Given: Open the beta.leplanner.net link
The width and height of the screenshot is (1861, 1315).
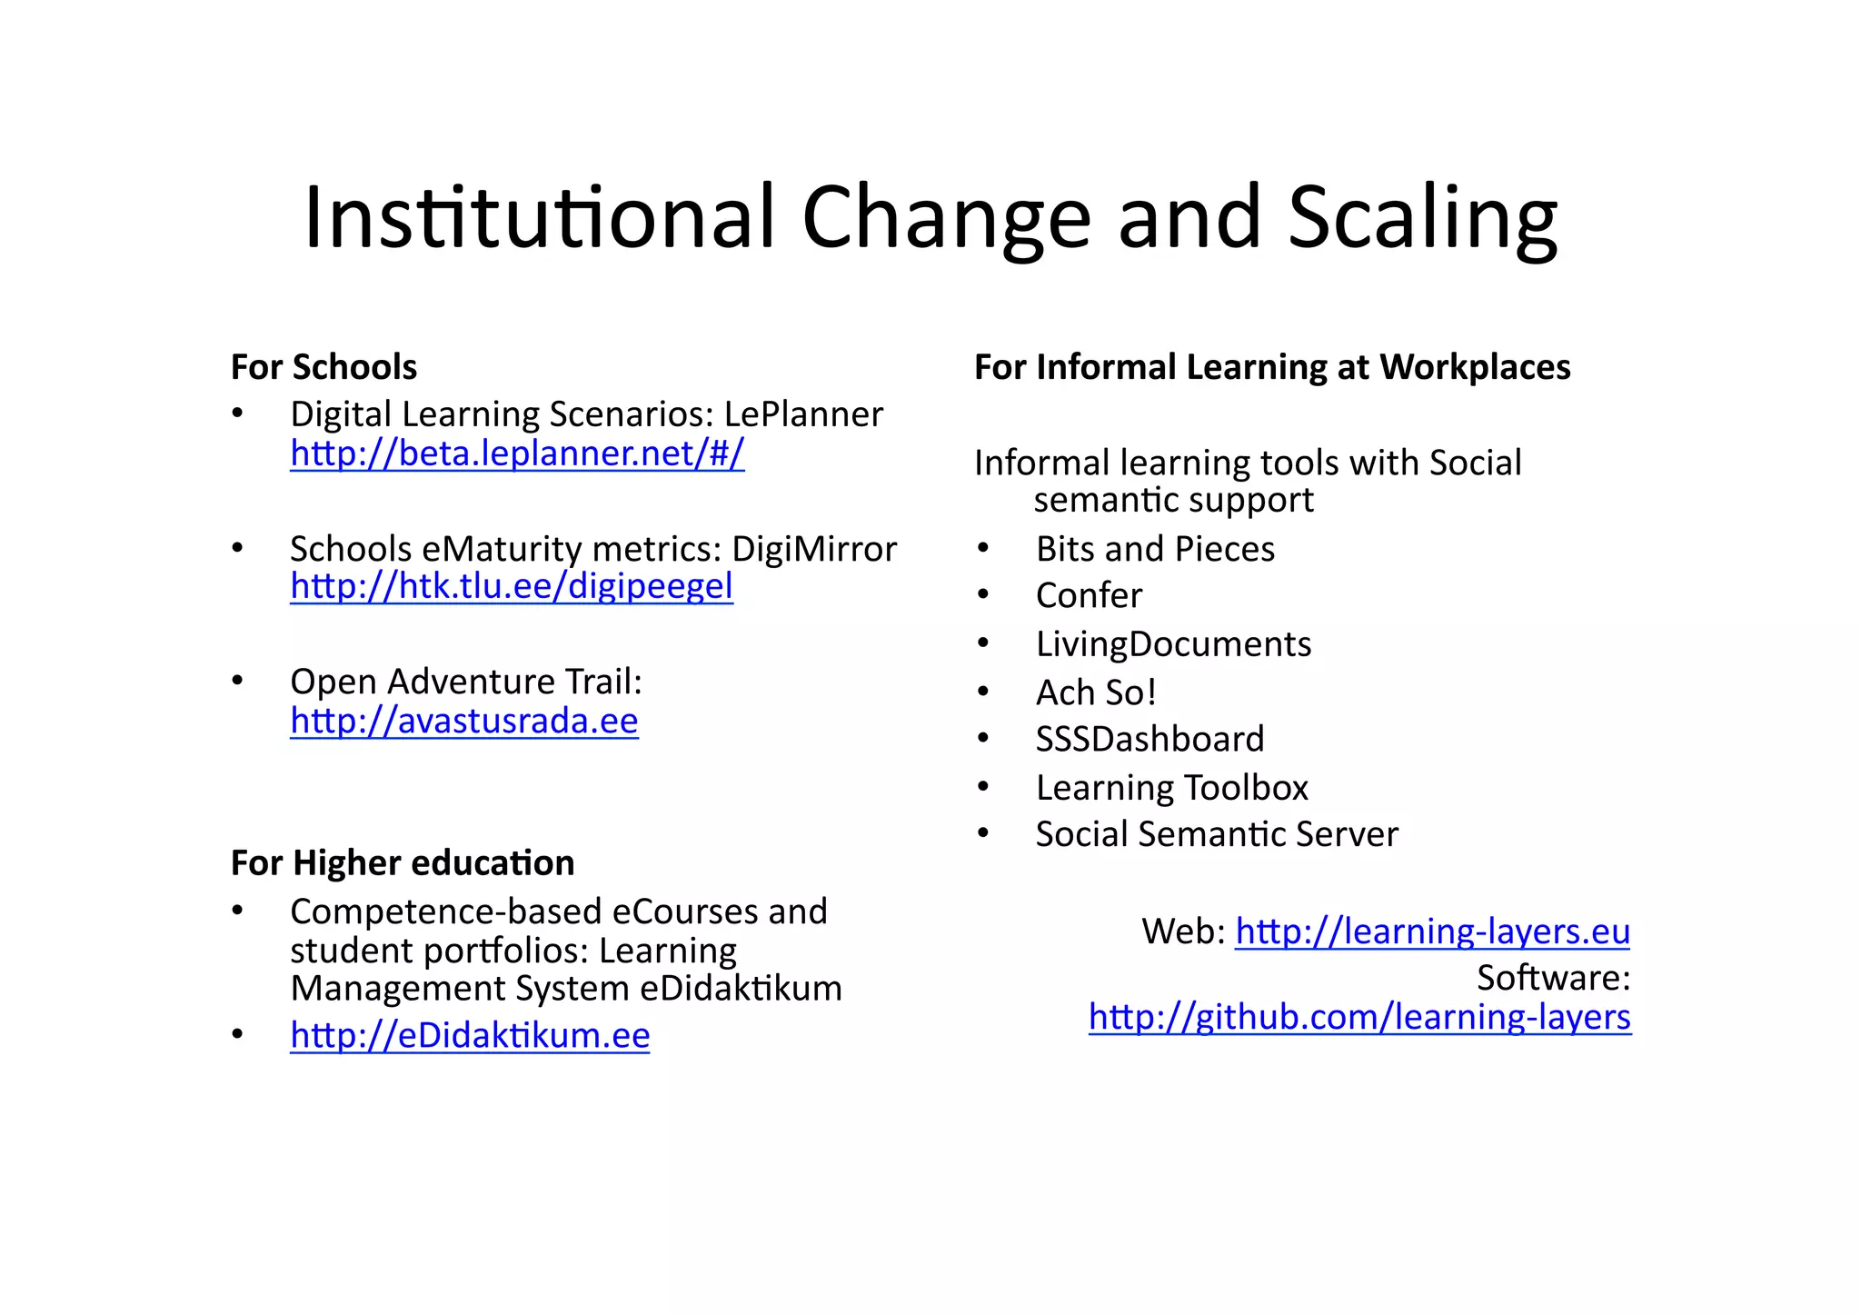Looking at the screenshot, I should pyautogui.click(x=517, y=453).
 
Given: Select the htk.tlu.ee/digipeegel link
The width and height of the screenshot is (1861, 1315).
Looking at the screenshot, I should pyautogui.click(x=512, y=586).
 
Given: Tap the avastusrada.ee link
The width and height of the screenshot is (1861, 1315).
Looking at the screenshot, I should pyautogui.click(x=464, y=721).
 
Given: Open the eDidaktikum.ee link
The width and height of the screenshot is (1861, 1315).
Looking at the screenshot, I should pyautogui.click(x=470, y=1035).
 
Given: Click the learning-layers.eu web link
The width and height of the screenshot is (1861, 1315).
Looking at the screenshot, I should pyautogui.click(x=1432, y=931).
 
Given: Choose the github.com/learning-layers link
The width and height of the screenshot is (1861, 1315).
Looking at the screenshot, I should pyautogui.click(x=1359, y=1017).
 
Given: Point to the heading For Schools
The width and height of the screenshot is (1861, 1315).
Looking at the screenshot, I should pyautogui.click(x=323, y=367).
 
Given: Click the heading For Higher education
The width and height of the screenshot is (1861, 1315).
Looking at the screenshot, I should pyautogui.click(x=403, y=863).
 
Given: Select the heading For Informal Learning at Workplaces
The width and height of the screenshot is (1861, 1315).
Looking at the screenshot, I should pyautogui.click(x=1272, y=367).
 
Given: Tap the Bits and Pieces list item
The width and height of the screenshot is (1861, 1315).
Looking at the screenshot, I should pyautogui.click(x=1155, y=549).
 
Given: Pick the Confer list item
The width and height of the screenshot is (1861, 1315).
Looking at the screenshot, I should pyautogui.click(x=1089, y=596).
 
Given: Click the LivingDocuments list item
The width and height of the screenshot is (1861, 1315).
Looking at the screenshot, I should pyautogui.click(x=1173, y=644).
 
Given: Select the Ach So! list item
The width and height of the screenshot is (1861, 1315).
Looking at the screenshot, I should pyautogui.click(x=1096, y=692).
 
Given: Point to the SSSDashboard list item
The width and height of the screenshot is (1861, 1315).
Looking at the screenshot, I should pyautogui.click(x=1149, y=739).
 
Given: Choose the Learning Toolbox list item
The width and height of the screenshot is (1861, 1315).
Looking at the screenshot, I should pyautogui.click(x=1171, y=788).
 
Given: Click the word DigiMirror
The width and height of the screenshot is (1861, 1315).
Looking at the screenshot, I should pyautogui.click(x=814, y=549).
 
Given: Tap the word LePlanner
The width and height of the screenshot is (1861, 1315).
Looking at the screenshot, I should pyautogui.click(x=803, y=414).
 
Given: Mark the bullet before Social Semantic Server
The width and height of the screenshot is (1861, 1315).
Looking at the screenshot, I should pyautogui.click(x=983, y=833).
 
